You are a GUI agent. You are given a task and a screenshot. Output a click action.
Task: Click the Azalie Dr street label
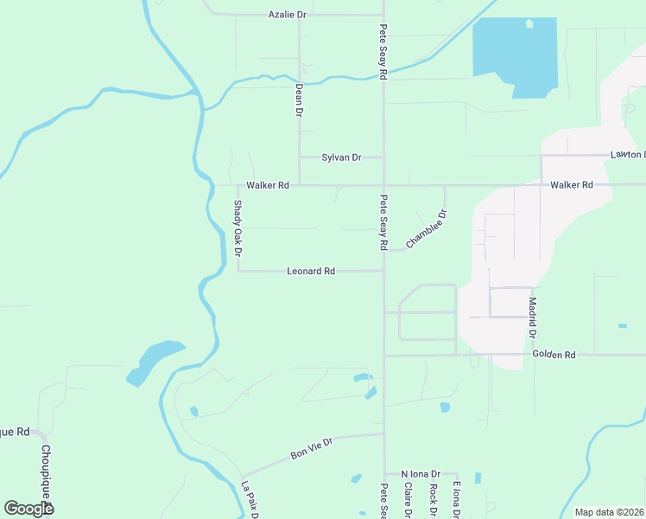(x=288, y=15)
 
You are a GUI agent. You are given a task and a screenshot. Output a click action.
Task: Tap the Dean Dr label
(x=299, y=100)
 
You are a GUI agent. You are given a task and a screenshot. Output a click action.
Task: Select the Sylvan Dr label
(x=340, y=157)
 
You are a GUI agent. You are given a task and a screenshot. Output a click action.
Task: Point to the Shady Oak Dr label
(x=238, y=228)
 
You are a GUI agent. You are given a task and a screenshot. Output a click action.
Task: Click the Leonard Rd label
(x=311, y=271)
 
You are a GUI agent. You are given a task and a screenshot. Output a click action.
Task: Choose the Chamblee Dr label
(x=427, y=229)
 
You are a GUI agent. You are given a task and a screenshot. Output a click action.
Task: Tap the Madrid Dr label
(x=533, y=318)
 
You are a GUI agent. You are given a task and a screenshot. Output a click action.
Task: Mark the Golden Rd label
(x=554, y=355)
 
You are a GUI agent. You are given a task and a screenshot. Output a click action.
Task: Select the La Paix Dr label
(x=250, y=500)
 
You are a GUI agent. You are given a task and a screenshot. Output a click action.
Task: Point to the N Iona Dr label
(x=421, y=474)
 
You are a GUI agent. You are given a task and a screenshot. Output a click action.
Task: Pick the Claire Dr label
(x=408, y=500)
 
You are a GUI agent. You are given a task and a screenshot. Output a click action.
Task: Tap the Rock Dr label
(x=433, y=500)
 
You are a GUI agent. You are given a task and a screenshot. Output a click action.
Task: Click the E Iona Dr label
(x=455, y=500)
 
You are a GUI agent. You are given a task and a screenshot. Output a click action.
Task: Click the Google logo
(x=28, y=509)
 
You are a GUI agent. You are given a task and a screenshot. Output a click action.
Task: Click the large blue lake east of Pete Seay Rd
(x=515, y=54)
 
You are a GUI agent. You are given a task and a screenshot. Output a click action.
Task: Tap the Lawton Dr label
(x=627, y=155)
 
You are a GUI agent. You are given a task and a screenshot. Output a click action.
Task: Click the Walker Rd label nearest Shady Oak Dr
(x=268, y=185)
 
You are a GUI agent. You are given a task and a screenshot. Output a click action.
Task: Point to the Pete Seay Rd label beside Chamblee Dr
(x=382, y=222)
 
